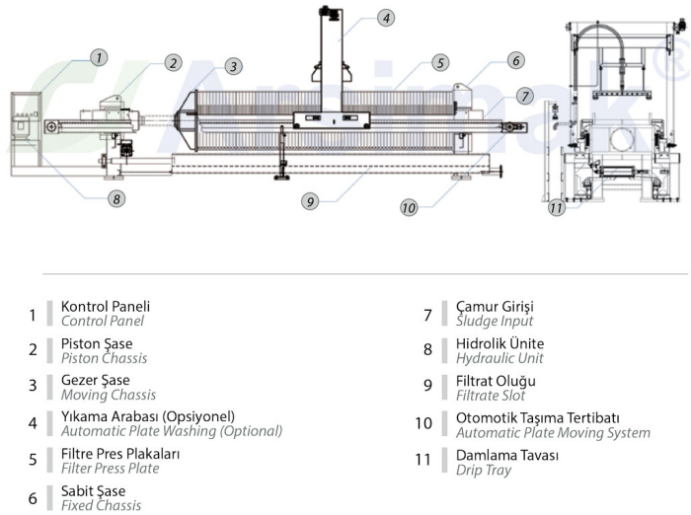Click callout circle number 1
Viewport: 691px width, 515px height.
[99, 57]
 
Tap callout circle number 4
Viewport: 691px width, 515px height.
[386, 18]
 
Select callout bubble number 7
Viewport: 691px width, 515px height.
[524, 96]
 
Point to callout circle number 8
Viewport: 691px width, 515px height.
[116, 198]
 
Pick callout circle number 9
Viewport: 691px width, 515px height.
[310, 201]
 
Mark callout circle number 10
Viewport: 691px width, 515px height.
[409, 207]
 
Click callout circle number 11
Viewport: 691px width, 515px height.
[557, 207]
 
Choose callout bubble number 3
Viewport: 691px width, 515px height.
[233, 66]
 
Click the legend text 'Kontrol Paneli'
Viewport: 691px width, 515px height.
[106, 306]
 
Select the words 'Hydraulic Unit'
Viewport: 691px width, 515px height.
[499, 358]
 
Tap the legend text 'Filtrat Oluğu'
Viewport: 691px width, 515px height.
[496, 381]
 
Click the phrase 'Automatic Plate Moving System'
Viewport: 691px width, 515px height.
[553, 432]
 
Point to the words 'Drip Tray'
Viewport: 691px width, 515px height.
[484, 470]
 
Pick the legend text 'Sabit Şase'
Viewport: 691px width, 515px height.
[93, 491]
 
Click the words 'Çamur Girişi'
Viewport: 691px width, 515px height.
[495, 307]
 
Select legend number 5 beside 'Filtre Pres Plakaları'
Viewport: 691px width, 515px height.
[33, 460]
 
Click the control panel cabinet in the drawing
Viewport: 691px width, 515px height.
[27, 129]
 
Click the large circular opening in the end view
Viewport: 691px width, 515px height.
[622, 138]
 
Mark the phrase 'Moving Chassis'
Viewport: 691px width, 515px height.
[109, 395]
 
